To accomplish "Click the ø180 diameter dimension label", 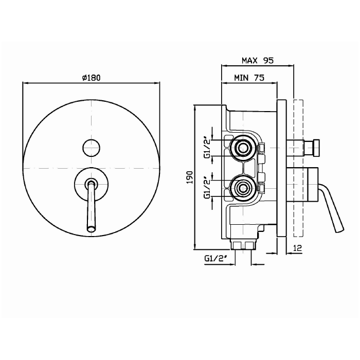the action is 92,78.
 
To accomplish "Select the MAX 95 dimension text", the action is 258,60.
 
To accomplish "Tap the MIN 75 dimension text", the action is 249,78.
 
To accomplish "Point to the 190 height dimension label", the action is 190,177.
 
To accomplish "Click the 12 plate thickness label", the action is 298,248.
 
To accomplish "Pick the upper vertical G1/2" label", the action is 207,148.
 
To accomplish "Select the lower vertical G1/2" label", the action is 207,188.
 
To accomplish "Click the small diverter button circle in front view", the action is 91,148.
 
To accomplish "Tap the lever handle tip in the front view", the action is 91,229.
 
